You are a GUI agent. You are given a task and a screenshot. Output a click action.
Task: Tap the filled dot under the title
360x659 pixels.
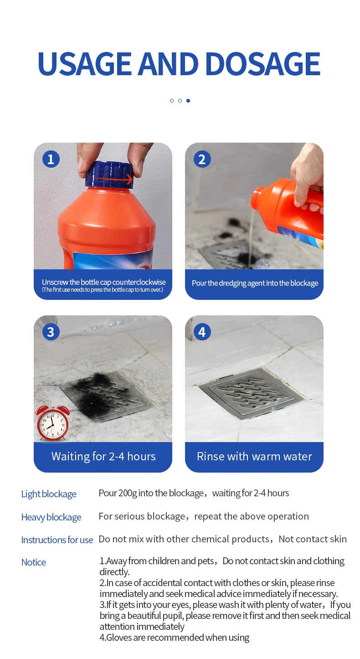(188, 101)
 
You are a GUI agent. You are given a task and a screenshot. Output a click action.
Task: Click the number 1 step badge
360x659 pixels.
(51, 159)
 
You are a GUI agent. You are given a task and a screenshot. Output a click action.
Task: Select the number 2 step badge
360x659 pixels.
(202, 159)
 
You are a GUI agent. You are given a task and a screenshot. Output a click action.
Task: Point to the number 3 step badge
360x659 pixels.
(51, 332)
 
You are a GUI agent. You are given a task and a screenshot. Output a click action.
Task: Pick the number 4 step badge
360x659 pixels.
(202, 332)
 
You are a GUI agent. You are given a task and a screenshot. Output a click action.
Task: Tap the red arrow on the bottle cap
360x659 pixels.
(113, 178)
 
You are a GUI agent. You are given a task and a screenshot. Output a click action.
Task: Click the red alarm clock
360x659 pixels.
(53, 423)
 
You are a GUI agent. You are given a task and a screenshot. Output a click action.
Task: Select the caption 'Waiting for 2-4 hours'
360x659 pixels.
(103, 456)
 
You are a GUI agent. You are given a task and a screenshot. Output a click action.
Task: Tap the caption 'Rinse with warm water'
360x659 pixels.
(254, 456)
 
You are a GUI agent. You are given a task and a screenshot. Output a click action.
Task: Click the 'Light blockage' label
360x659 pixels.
(49, 494)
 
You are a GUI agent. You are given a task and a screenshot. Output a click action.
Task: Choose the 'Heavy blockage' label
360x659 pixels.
(51, 517)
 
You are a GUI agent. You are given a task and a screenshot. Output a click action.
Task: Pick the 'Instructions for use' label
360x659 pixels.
(57, 540)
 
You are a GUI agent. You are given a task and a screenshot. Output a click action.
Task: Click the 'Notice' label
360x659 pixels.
(34, 562)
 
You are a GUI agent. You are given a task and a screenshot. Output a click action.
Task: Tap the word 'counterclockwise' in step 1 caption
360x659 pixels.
(139, 282)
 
